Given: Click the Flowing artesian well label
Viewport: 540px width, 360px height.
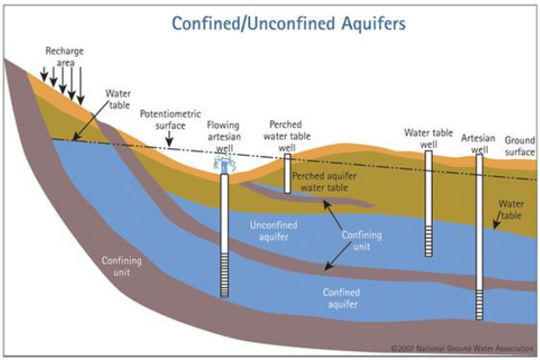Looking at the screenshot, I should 224,137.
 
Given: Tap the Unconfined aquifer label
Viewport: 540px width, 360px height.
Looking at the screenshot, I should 273,229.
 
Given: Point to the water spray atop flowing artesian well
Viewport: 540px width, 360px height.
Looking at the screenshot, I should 224,163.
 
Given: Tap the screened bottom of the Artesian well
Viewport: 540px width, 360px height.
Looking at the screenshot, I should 479,297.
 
